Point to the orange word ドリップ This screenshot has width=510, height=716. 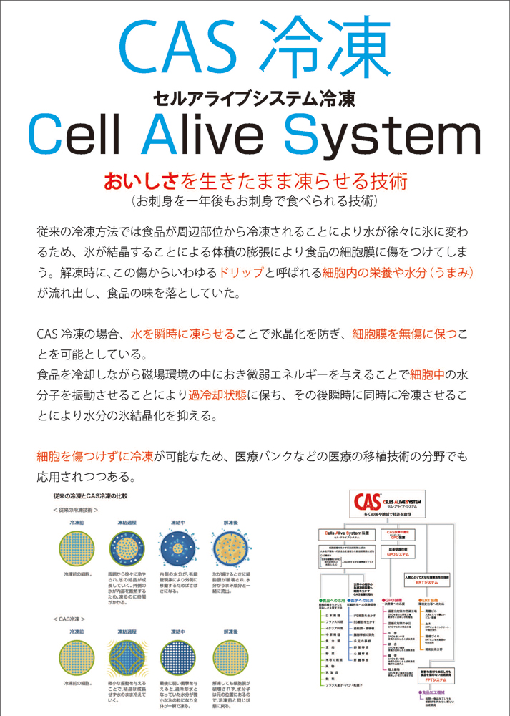tap(241, 273)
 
